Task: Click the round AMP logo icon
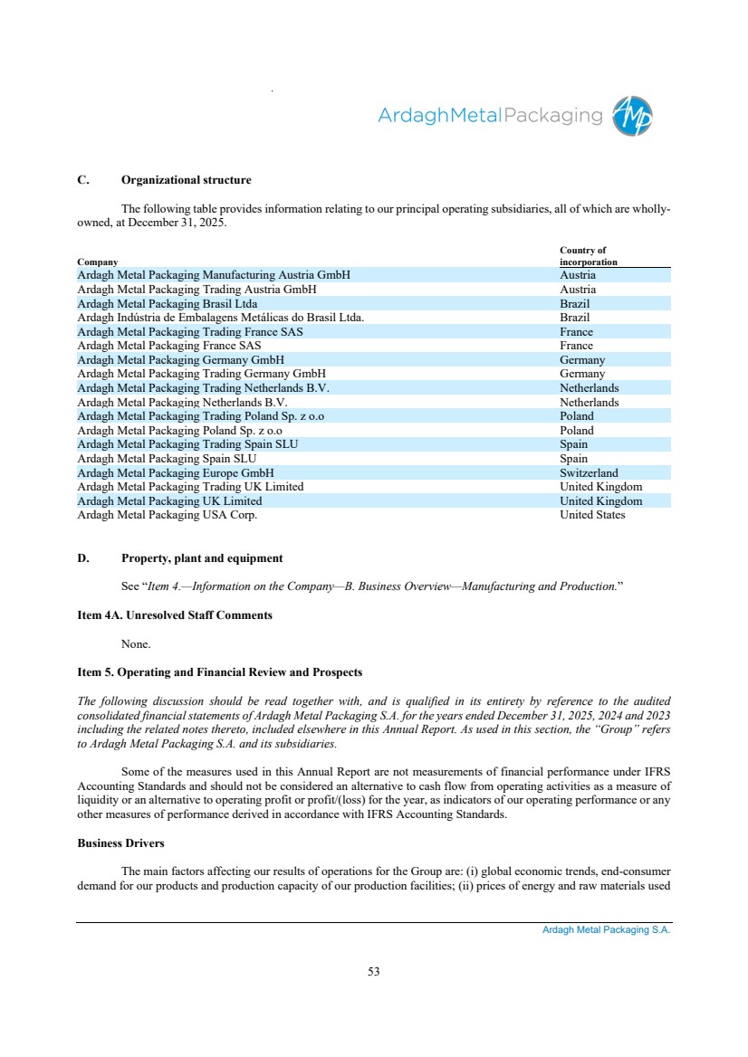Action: pos(632,117)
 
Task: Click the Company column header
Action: pos(98,262)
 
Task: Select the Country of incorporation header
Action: pos(589,256)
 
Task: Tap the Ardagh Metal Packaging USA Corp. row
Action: pos(168,515)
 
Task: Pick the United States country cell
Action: pos(592,515)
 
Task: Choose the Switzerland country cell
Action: pos(589,472)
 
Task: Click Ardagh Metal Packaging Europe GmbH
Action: pos(176,472)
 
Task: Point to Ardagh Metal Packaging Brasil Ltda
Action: pos(168,303)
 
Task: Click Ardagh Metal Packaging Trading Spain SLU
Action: pos(187,444)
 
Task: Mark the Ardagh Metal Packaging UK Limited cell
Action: pos(169,500)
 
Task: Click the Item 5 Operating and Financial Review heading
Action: pos(219,672)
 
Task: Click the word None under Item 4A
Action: pos(135,644)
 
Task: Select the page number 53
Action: pos(373,972)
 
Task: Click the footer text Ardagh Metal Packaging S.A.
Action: pos(599,929)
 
